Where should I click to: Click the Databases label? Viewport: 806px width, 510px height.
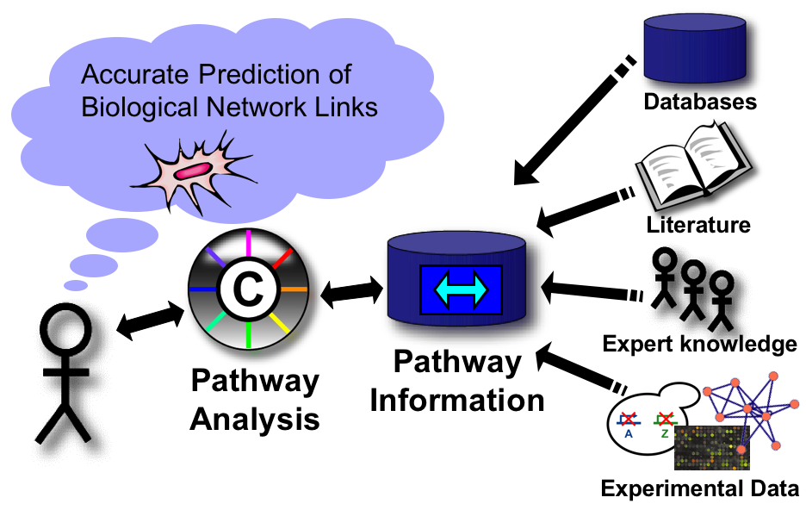point(699,102)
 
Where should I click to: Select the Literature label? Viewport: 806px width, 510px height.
point(698,226)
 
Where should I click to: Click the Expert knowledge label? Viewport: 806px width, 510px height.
point(699,345)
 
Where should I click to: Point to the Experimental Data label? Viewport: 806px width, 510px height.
point(699,489)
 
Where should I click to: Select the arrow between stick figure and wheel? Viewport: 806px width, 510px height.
point(151,320)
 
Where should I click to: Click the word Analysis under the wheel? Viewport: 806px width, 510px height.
point(255,420)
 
